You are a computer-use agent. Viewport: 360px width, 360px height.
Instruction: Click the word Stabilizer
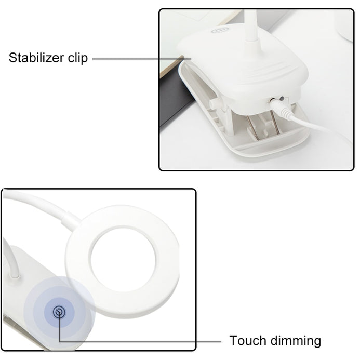coord(36,57)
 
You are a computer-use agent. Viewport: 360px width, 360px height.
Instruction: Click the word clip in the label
coord(78,58)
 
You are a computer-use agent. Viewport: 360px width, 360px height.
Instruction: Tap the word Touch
coord(248,340)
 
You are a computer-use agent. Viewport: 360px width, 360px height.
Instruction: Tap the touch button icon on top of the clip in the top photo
coord(220,30)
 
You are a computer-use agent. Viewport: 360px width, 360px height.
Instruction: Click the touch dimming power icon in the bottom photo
coord(59,312)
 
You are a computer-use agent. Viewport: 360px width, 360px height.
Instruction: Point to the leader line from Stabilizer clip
coord(142,59)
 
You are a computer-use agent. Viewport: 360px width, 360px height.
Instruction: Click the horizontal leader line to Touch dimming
coord(140,342)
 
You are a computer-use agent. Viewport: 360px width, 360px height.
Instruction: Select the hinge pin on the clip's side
coord(212,104)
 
